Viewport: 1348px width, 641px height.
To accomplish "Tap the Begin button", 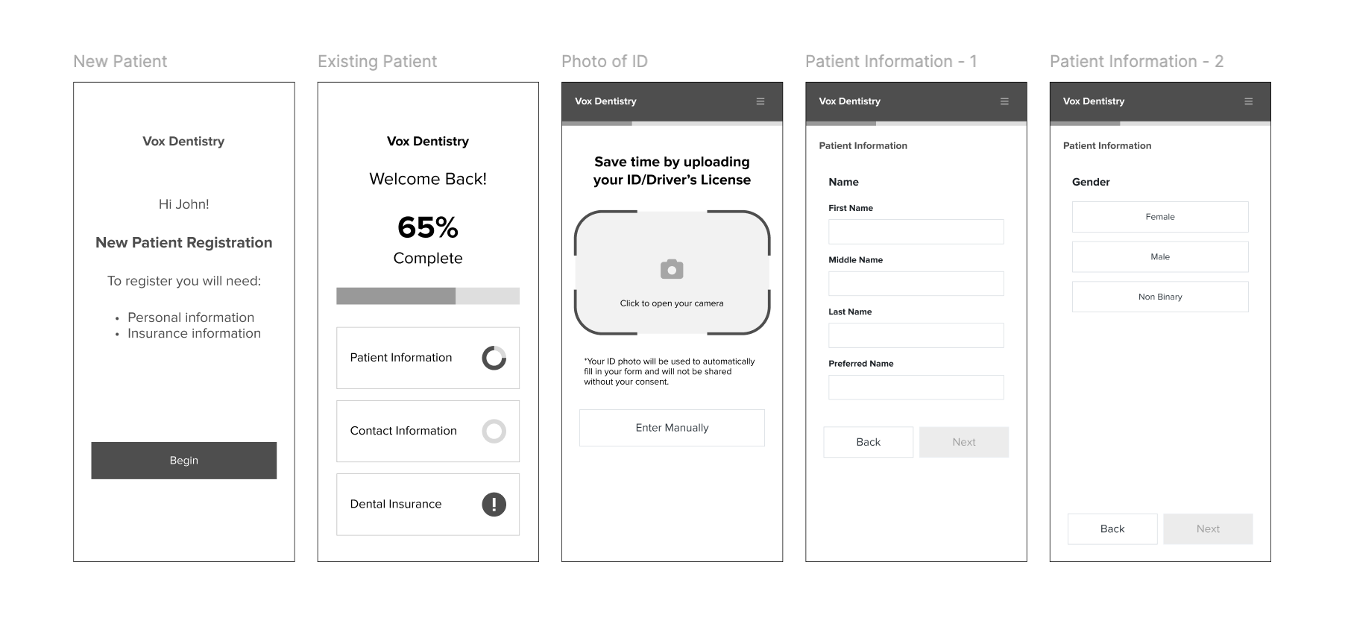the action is click(x=183, y=461).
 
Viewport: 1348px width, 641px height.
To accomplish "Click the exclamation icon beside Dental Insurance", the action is click(x=494, y=505).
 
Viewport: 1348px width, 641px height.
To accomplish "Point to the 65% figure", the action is click(x=428, y=227).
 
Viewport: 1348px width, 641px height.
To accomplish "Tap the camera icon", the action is click(x=672, y=269).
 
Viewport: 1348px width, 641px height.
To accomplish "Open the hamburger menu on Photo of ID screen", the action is click(x=760, y=101).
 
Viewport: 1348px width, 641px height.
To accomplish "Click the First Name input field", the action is click(x=916, y=232).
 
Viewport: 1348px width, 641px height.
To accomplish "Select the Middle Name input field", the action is click(x=916, y=283).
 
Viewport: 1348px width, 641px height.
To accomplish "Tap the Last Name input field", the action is click(x=916, y=335).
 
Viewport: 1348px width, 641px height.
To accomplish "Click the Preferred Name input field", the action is click(x=916, y=388).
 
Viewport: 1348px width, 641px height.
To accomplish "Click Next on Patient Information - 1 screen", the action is click(x=964, y=442).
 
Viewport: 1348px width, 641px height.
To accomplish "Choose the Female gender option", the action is click(x=1160, y=217).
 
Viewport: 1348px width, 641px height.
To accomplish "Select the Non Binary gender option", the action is click(x=1160, y=297).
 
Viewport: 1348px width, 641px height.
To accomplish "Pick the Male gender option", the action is click(x=1160, y=256).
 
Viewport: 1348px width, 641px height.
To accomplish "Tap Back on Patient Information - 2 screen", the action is click(x=1112, y=529).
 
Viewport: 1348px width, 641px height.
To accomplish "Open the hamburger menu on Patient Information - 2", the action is click(x=1249, y=101).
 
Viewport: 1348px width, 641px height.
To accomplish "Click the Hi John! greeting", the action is click(x=183, y=204).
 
